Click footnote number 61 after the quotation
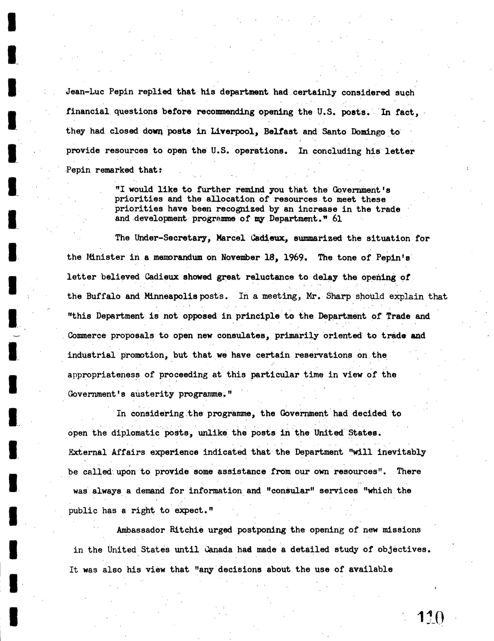337,219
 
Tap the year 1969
296,257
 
